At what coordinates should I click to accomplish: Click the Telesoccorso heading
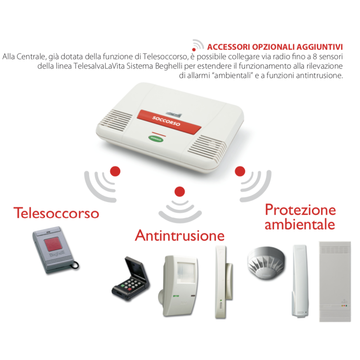coord(56,213)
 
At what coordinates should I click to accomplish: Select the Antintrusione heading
coord(180,235)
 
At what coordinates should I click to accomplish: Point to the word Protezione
coord(300,210)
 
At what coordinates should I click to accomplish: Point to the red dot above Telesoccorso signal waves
coord(116,171)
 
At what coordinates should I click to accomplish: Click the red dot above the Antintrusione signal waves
coord(180,190)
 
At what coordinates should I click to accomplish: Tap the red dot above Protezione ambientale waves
coord(240,171)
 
